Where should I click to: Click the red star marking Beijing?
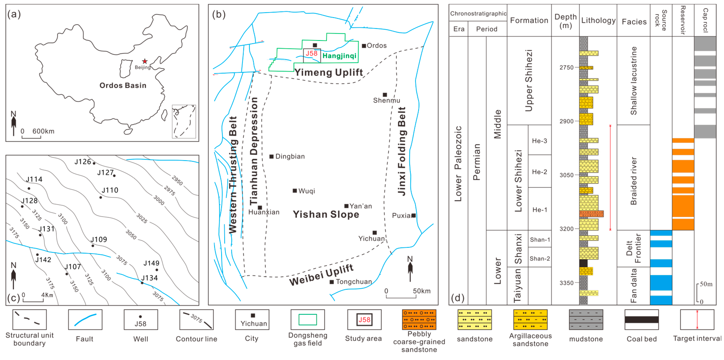click(145, 61)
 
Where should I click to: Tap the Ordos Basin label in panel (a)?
click(123, 86)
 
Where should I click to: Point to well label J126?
click(83, 162)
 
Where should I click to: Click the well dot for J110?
click(101, 197)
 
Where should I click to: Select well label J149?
click(151, 263)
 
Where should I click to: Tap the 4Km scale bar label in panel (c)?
click(47, 295)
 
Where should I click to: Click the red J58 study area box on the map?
click(311, 55)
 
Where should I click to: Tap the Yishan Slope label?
click(326, 214)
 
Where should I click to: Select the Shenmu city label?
click(386, 100)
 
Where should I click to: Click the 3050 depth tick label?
click(566, 175)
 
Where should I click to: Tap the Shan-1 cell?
click(540, 240)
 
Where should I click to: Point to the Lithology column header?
click(598, 20)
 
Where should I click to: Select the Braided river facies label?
click(634, 181)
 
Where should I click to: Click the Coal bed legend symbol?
click(641, 319)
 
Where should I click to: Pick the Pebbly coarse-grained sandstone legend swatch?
click(419, 319)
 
